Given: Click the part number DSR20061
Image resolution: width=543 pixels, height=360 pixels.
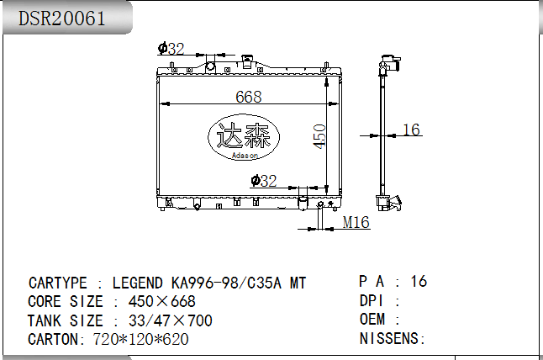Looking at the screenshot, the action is [x=61, y=19].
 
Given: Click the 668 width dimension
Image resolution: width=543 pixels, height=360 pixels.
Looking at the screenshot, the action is [x=249, y=97].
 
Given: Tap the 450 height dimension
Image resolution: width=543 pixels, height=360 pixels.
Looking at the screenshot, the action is [x=319, y=136].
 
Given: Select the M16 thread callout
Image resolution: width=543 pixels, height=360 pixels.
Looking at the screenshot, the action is [x=356, y=222].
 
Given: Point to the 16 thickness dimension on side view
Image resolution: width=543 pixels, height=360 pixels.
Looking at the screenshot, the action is [x=411, y=130].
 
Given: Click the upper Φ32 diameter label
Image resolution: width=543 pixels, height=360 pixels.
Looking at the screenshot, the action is [x=171, y=49].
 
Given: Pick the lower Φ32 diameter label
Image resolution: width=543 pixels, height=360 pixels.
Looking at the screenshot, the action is [x=264, y=181].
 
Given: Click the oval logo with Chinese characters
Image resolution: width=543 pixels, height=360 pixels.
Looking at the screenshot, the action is [x=244, y=137].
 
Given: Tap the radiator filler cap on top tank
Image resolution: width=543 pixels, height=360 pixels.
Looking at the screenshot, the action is [x=247, y=61].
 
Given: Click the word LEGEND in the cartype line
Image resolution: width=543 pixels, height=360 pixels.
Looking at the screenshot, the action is [x=138, y=283].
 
